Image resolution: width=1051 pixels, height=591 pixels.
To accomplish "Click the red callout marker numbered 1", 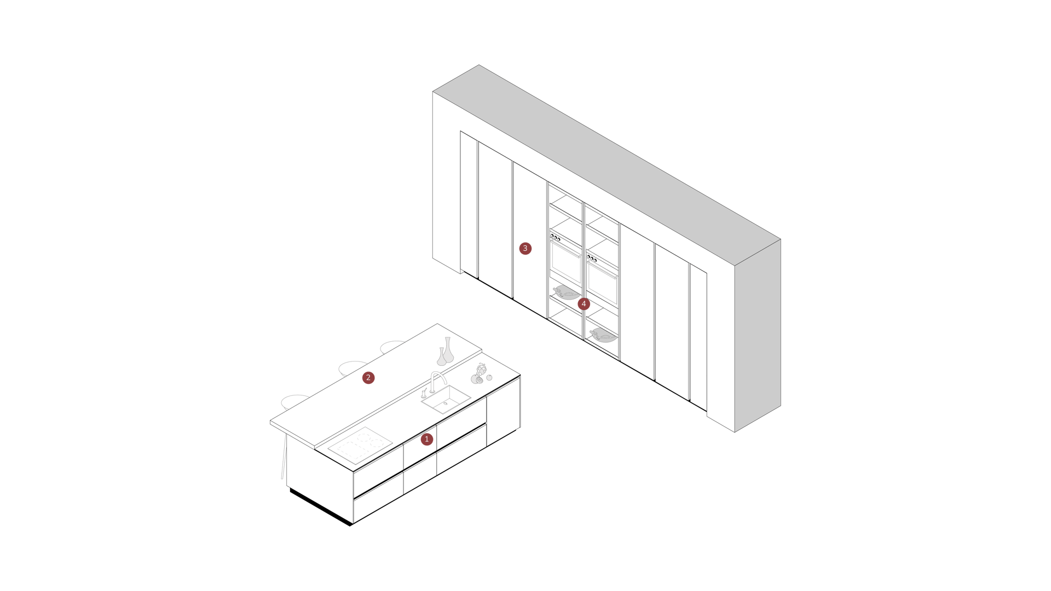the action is [427, 439].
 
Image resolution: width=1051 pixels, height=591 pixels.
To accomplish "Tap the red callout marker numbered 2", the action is [368, 377].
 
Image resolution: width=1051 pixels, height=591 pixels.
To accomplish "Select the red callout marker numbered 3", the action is [525, 248].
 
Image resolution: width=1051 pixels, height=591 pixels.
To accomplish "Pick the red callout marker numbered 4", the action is [584, 303].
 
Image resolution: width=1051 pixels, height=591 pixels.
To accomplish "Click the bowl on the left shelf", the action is [565, 293].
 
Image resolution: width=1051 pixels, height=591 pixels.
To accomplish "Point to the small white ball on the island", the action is [489, 377].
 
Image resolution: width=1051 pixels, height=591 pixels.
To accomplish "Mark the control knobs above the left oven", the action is [556, 238].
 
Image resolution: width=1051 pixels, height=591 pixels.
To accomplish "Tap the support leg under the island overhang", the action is [284, 457].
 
